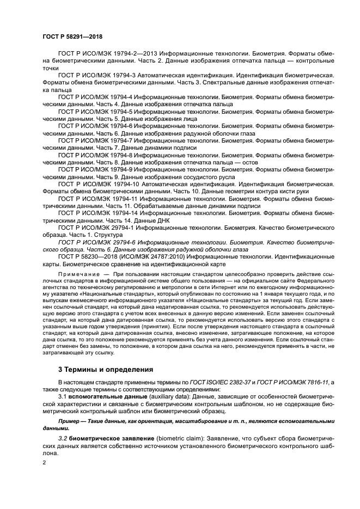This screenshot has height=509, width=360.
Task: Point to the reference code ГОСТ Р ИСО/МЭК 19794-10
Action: pos(96,185)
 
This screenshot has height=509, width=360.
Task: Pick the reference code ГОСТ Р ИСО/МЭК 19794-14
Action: pos(96,213)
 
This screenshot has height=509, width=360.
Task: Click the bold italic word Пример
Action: pos(70,422)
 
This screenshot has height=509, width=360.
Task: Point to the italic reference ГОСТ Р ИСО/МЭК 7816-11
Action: pos(303,382)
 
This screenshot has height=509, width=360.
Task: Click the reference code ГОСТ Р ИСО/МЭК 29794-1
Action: pos(95,227)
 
